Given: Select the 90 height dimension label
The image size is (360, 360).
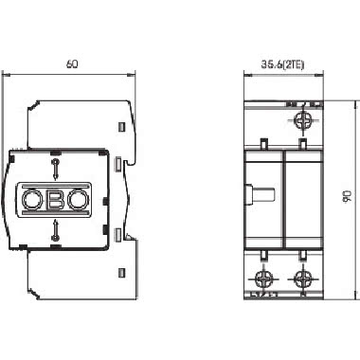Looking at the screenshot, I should (x=347, y=196).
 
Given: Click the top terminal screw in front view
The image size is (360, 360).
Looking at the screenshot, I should (x=304, y=119).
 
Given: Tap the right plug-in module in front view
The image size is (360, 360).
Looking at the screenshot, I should (x=303, y=199).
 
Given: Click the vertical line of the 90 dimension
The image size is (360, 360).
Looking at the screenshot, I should (x=337, y=196).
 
